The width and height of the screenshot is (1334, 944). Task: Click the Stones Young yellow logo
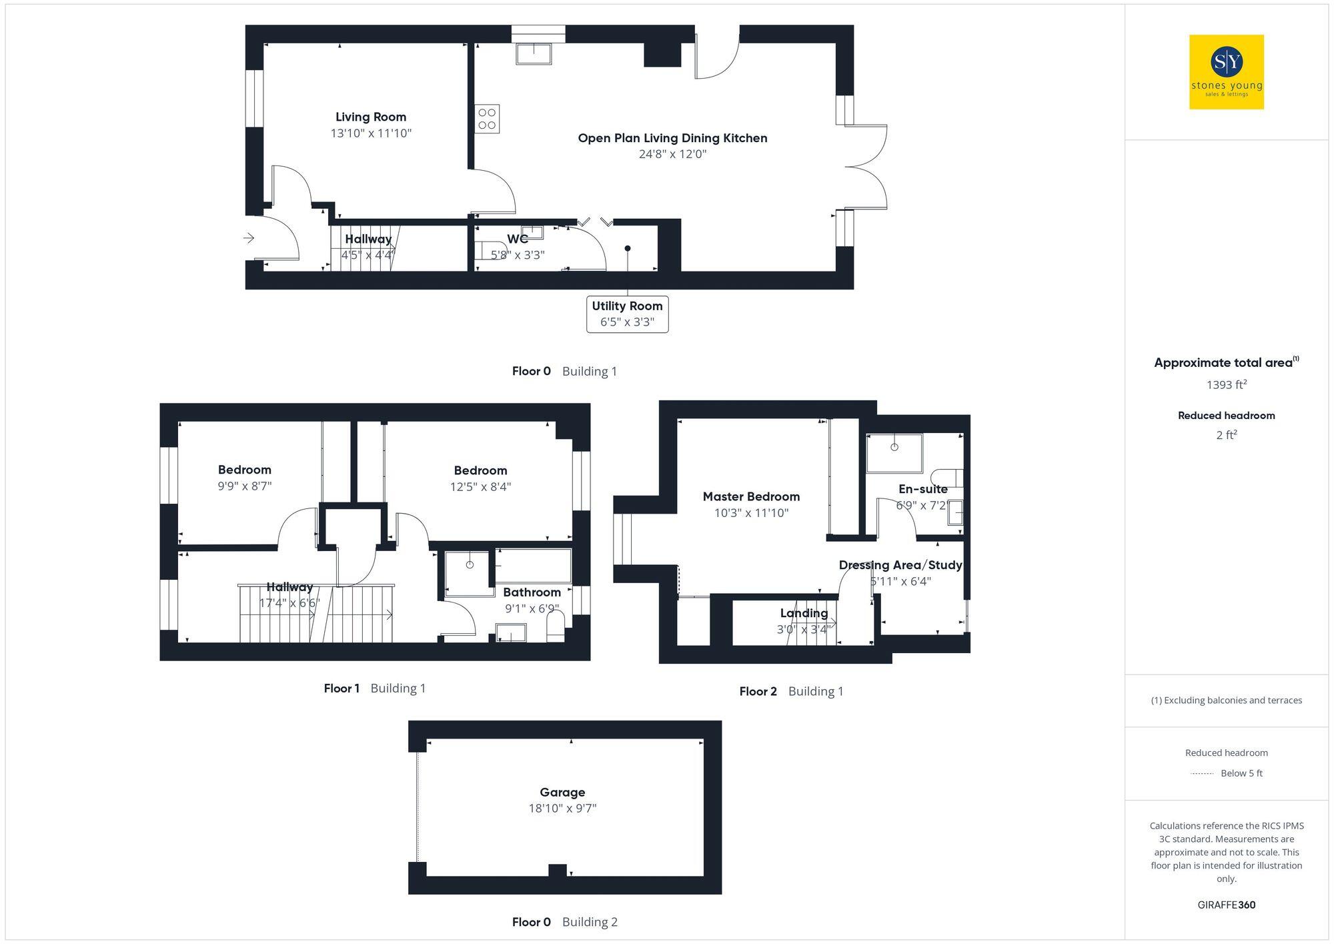pyautogui.click(x=1226, y=71)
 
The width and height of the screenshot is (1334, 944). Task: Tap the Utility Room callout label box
pyautogui.click(x=627, y=314)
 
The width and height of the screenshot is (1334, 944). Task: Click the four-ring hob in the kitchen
pyautogui.click(x=487, y=119)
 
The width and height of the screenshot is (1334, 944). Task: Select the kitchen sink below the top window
pyautogui.click(x=534, y=53)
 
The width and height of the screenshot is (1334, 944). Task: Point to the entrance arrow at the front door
pyautogui.click(x=249, y=238)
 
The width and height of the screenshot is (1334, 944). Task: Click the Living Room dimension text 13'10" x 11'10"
pyautogui.click(x=371, y=133)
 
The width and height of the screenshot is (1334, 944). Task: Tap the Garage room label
pyautogui.click(x=562, y=792)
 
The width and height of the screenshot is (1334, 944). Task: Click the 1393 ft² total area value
pyautogui.click(x=1226, y=384)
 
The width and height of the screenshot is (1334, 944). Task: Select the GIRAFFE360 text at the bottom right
pyautogui.click(x=1226, y=905)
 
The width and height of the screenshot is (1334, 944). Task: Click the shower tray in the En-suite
pyautogui.click(x=894, y=453)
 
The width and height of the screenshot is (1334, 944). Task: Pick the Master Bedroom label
pyautogui.click(x=751, y=496)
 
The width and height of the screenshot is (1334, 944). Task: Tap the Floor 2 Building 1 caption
pyautogui.click(x=791, y=691)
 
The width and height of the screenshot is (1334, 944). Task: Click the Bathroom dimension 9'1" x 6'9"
pyautogui.click(x=532, y=608)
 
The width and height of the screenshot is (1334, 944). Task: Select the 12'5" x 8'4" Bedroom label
pyautogui.click(x=480, y=478)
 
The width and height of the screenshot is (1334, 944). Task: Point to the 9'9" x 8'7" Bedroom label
pyautogui.click(x=245, y=478)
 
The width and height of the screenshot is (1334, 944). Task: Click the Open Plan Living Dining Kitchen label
pyautogui.click(x=672, y=138)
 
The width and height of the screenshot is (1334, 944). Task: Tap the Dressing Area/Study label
pyautogui.click(x=900, y=565)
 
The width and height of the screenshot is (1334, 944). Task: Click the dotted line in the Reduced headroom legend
pyautogui.click(x=1202, y=773)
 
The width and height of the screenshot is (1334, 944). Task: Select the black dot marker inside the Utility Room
pyautogui.click(x=628, y=248)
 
